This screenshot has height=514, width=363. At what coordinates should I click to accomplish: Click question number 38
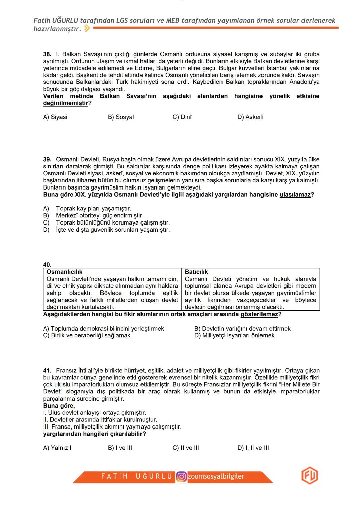click(x=47, y=54)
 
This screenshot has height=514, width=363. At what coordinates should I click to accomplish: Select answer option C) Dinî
click(x=182, y=117)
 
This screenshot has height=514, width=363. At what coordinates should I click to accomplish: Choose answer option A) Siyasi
click(x=55, y=117)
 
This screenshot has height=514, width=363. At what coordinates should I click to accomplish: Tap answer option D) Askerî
click(x=250, y=117)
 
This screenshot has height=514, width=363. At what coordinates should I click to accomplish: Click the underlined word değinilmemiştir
click(x=66, y=103)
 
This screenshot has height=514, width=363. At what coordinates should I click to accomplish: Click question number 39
click(x=47, y=159)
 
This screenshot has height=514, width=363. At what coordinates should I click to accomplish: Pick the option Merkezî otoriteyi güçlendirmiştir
click(x=99, y=216)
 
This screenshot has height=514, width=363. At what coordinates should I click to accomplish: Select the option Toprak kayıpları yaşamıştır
click(x=93, y=209)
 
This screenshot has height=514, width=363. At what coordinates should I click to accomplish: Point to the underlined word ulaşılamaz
click(x=295, y=195)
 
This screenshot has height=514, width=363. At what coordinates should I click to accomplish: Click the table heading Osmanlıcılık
click(x=65, y=272)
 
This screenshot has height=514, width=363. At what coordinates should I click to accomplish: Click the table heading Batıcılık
click(x=196, y=272)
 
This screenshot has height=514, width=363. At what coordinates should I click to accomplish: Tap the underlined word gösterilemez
click(x=259, y=314)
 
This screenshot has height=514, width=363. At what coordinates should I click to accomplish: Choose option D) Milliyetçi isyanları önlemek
click(x=234, y=336)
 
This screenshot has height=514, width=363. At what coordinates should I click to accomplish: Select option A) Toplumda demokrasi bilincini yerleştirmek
click(x=104, y=329)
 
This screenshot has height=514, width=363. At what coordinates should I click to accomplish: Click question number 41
click(x=47, y=371)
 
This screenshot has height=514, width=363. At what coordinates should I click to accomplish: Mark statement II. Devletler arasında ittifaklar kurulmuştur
click(x=100, y=420)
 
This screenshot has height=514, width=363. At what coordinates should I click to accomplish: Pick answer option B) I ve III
click(x=120, y=448)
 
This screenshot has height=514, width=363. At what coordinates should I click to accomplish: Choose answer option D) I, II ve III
click(x=253, y=448)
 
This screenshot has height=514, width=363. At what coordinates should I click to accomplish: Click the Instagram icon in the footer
click(x=182, y=477)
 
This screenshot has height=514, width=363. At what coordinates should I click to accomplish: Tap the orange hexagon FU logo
click(x=310, y=476)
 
